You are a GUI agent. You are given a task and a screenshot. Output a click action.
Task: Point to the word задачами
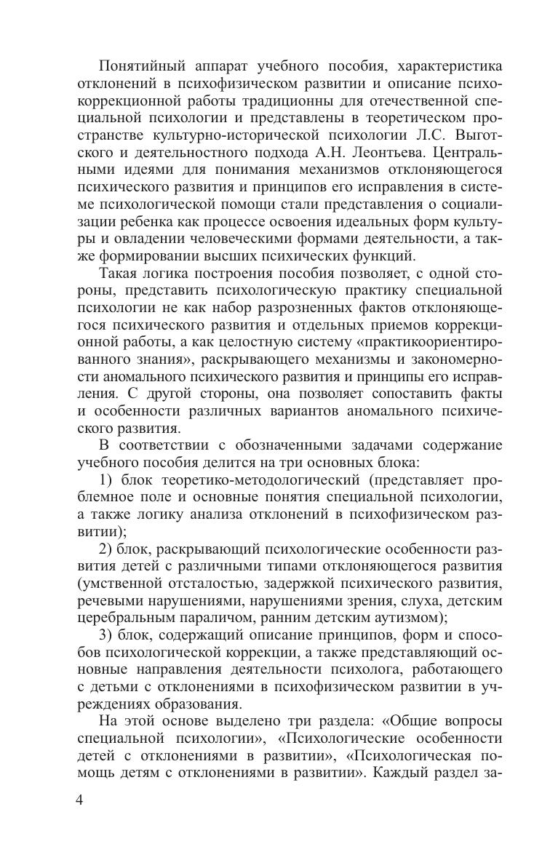coord(348,445)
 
